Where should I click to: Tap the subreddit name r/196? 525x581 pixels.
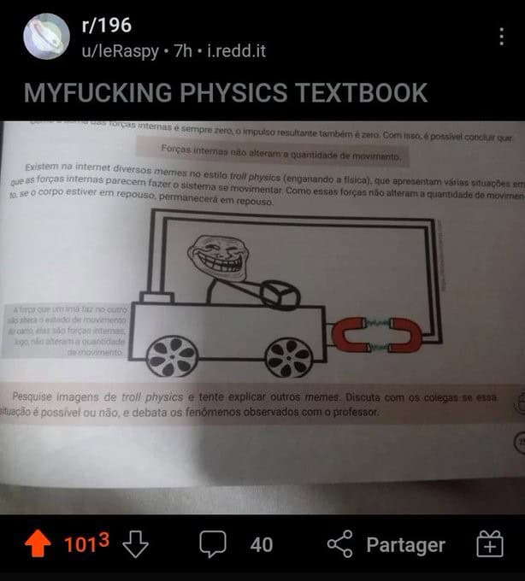pos(106,26)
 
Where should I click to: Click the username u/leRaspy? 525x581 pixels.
pos(120,51)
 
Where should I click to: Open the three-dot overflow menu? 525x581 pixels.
pos(501,37)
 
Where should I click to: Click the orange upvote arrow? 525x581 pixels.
pos(38,544)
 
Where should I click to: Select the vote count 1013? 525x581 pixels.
pos(86,544)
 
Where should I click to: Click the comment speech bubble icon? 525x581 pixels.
pos(212,544)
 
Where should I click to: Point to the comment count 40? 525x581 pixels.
pos(261,544)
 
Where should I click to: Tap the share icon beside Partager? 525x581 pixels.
pos(340,544)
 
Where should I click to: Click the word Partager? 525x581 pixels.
pos(405,544)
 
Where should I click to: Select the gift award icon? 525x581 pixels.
pos(490,544)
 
